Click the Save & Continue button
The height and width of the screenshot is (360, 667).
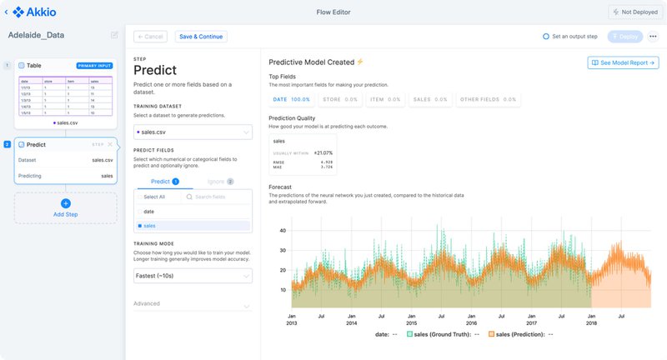click(201, 37)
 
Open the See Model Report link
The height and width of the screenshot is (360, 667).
click(623, 62)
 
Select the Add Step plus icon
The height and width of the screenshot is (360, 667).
click(66, 203)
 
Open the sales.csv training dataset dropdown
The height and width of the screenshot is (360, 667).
click(193, 132)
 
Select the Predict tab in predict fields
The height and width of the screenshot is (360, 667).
click(164, 181)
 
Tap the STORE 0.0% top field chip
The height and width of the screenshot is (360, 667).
click(339, 99)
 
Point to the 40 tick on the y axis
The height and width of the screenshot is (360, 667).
click(283, 230)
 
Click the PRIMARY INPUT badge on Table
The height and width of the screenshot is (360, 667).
click(93, 65)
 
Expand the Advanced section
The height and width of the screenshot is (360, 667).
click(193, 304)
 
